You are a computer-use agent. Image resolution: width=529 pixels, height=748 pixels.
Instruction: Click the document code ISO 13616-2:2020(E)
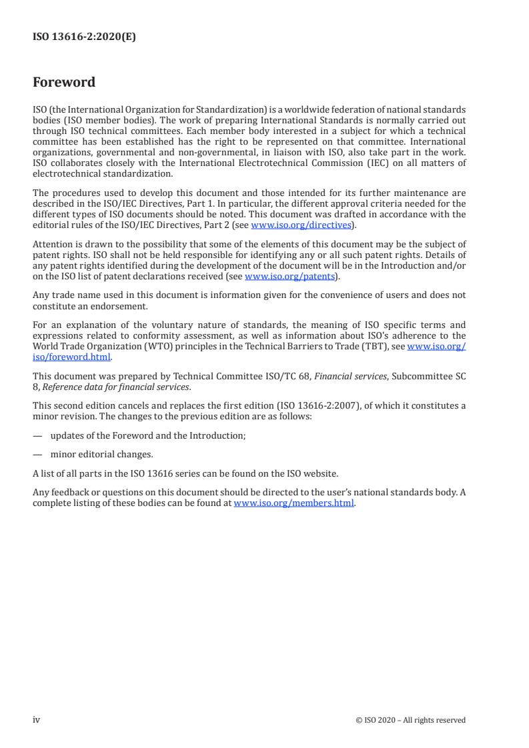pos(84,38)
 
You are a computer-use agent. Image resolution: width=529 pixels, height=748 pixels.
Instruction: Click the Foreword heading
pos(64,83)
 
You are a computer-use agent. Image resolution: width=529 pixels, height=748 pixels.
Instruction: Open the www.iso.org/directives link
pos(300,225)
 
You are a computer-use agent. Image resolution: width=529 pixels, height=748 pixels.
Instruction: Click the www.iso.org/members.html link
pos(294,503)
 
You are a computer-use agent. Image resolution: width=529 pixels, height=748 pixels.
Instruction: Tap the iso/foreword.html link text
pos(71,357)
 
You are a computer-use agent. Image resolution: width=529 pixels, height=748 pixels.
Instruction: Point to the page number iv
pos(37,719)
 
